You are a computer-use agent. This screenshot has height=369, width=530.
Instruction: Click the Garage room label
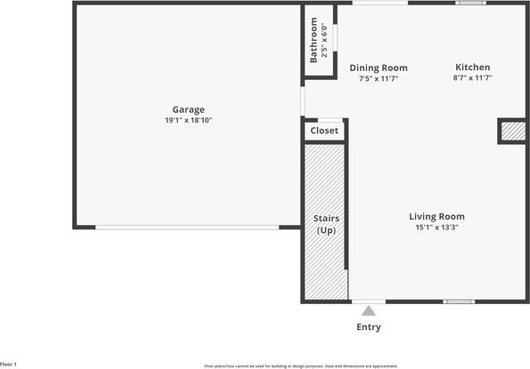pos(188,109)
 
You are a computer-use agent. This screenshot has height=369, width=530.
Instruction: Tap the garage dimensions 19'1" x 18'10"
pos(188,120)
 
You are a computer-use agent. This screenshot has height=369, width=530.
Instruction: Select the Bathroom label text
pos(314,40)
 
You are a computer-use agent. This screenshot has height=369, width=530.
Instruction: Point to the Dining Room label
pos(379,68)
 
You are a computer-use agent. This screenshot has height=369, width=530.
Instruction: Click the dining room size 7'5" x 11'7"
pos(379,78)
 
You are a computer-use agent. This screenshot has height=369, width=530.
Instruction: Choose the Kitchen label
pos(472,68)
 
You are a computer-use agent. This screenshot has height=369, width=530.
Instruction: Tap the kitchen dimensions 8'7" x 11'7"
pos(472,78)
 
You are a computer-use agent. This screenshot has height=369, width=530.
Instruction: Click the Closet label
pos(324,131)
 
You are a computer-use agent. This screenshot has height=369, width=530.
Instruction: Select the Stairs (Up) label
pos(326,224)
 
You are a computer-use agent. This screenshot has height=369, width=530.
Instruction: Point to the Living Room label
pos(436,216)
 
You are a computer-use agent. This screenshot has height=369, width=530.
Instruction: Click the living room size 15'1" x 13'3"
pos(436,227)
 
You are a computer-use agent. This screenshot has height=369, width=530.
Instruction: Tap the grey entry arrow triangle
pos(369,310)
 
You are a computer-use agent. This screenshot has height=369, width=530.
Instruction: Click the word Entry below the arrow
pos(369,327)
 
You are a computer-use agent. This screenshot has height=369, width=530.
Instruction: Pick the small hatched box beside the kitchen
pos(513,132)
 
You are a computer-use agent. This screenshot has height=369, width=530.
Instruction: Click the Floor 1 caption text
pos(9,365)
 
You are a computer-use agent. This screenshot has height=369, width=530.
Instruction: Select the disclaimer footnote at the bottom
pos(301,365)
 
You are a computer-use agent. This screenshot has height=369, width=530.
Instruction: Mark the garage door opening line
pos(187,228)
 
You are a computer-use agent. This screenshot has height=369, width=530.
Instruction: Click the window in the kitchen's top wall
pos(469,3)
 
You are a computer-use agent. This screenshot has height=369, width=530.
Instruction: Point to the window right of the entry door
pos(459,301)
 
